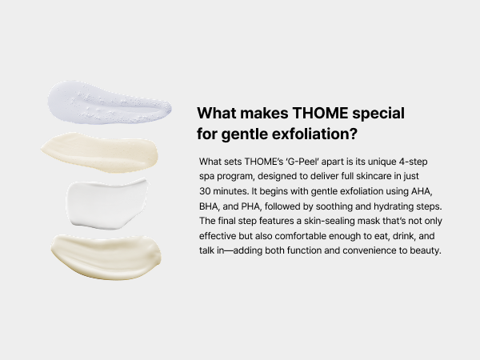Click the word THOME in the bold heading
[320, 114]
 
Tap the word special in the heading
[378, 114]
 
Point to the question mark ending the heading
[354, 134]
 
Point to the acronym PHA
[251, 206]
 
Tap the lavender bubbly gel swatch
[109, 103]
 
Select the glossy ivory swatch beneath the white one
[106, 257]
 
